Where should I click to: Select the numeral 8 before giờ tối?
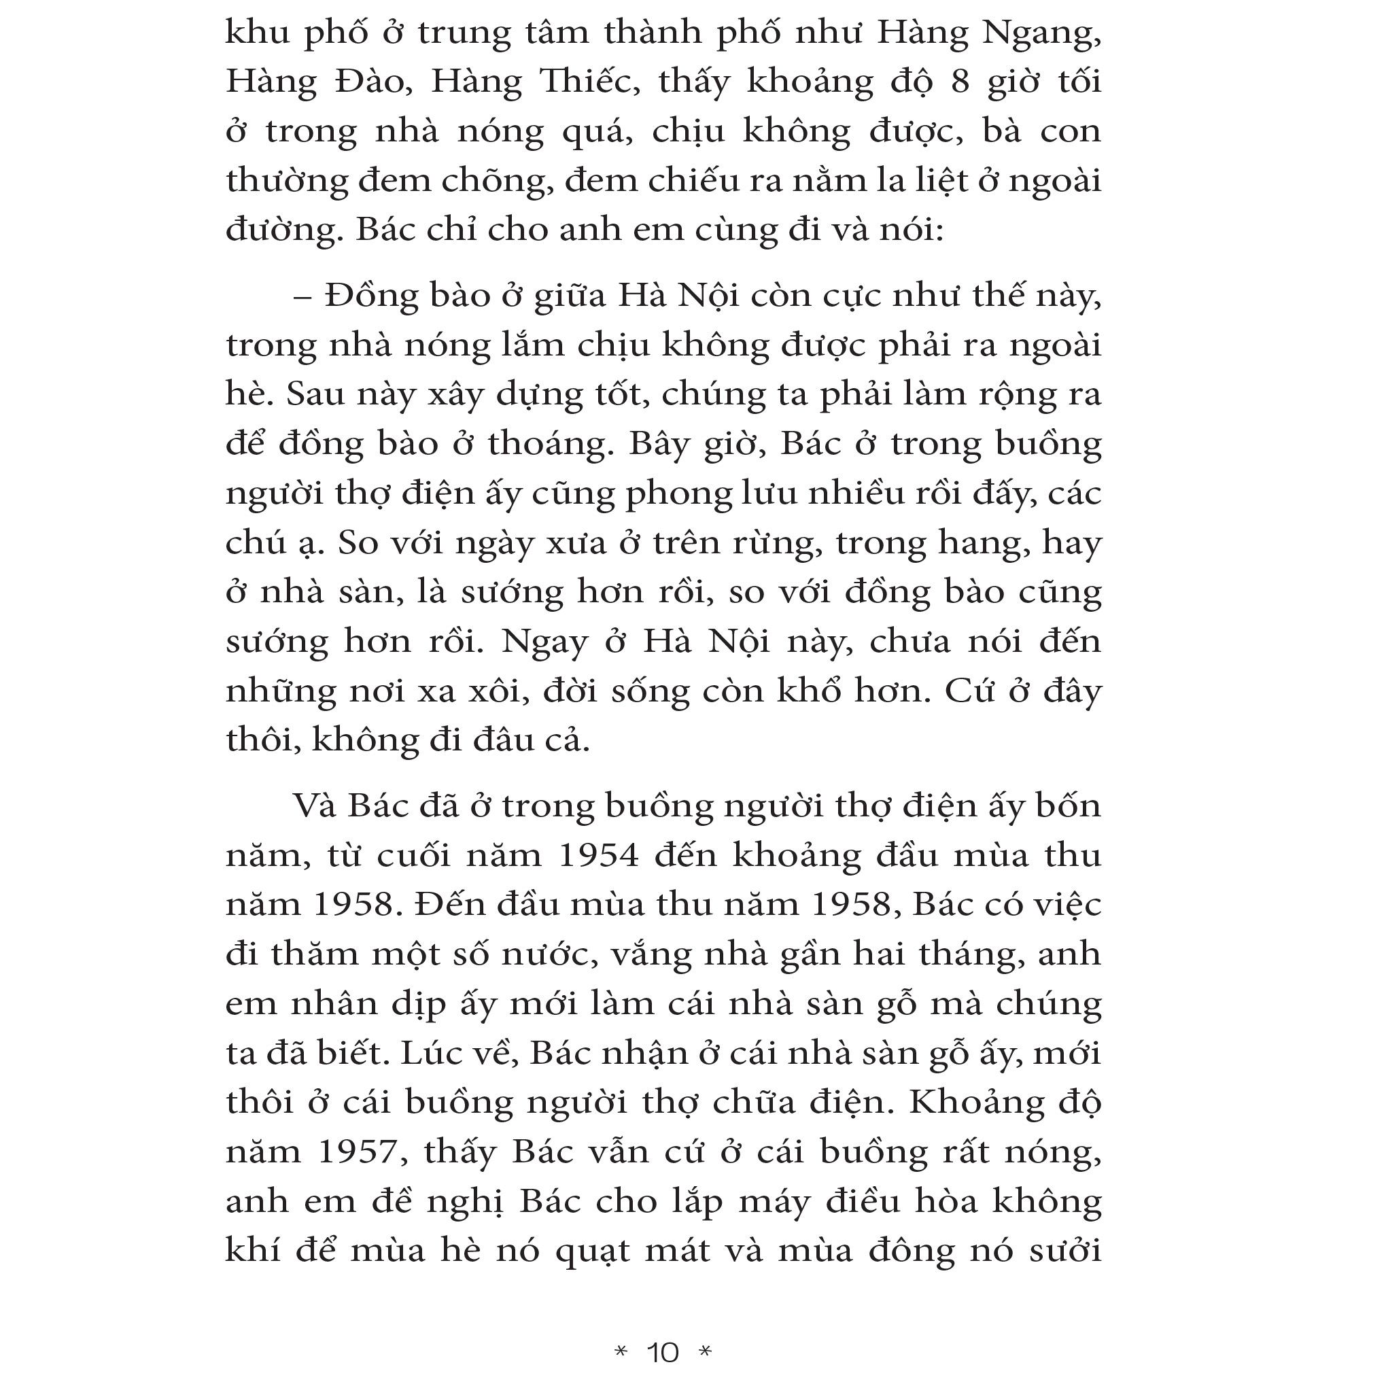point(960,82)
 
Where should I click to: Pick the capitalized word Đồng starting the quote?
point(371,296)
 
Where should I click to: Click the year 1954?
point(598,856)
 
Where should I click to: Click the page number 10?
point(663,1353)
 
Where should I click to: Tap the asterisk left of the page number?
point(621,1351)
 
